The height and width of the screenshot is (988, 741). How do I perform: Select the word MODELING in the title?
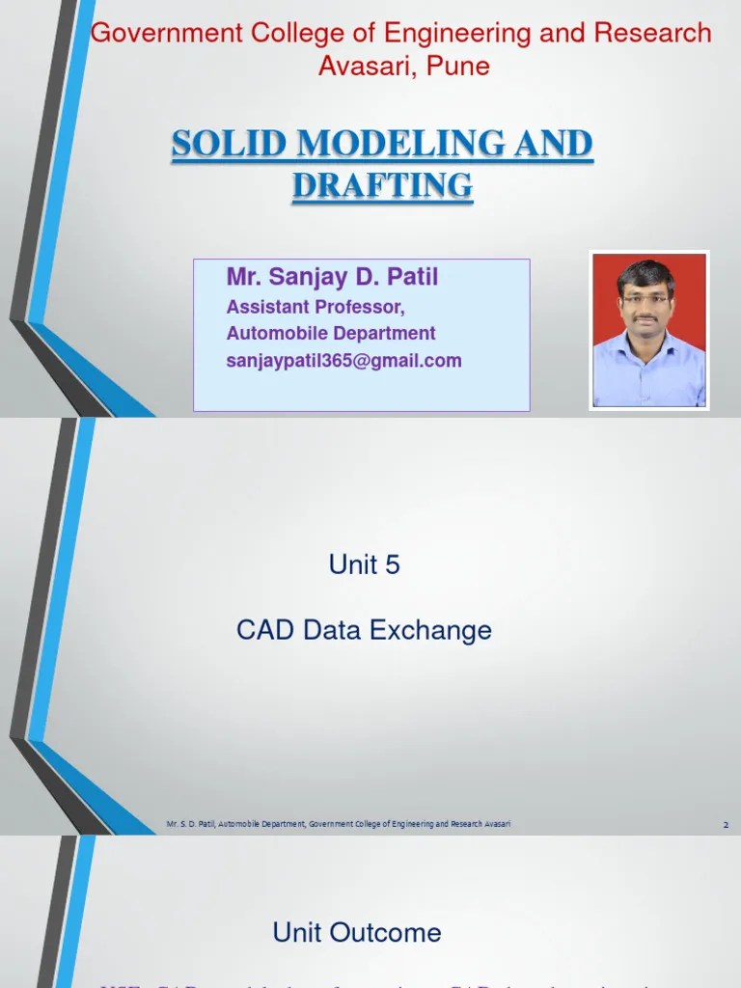(x=404, y=145)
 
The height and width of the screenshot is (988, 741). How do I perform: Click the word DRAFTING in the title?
(x=382, y=185)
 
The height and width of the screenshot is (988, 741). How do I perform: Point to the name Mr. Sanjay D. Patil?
(x=332, y=278)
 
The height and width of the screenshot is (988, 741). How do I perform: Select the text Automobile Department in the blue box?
(x=331, y=334)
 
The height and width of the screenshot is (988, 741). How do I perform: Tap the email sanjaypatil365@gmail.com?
(x=343, y=361)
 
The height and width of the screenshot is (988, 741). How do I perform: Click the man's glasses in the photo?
(x=647, y=300)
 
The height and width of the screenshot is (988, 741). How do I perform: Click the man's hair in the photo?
(x=647, y=272)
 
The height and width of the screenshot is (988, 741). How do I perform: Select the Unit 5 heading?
(x=364, y=565)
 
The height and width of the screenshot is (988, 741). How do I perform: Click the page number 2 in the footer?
(x=725, y=825)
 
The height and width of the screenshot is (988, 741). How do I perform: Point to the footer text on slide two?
(x=338, y=824)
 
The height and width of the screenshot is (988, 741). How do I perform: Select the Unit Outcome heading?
(x=357, y=932)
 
